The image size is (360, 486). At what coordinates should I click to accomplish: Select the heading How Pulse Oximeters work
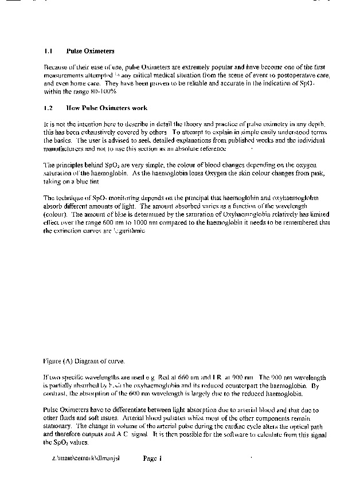(107, 108)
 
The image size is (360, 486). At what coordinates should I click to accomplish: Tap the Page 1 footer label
(154, 458)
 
